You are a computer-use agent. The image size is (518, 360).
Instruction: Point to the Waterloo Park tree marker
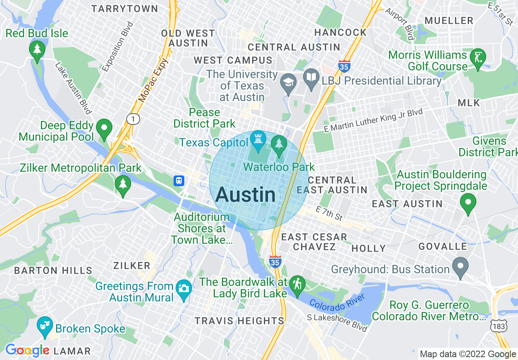tap(279, 144)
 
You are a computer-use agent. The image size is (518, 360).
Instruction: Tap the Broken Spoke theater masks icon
tap(45, 325)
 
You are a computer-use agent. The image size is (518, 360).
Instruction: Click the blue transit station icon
tap(179, 180)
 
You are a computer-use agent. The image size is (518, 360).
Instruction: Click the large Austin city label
tap(246, 195)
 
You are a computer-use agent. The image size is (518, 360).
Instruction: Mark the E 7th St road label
tap(329, 213)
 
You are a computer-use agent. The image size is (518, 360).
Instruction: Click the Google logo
tap(27, 350)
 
